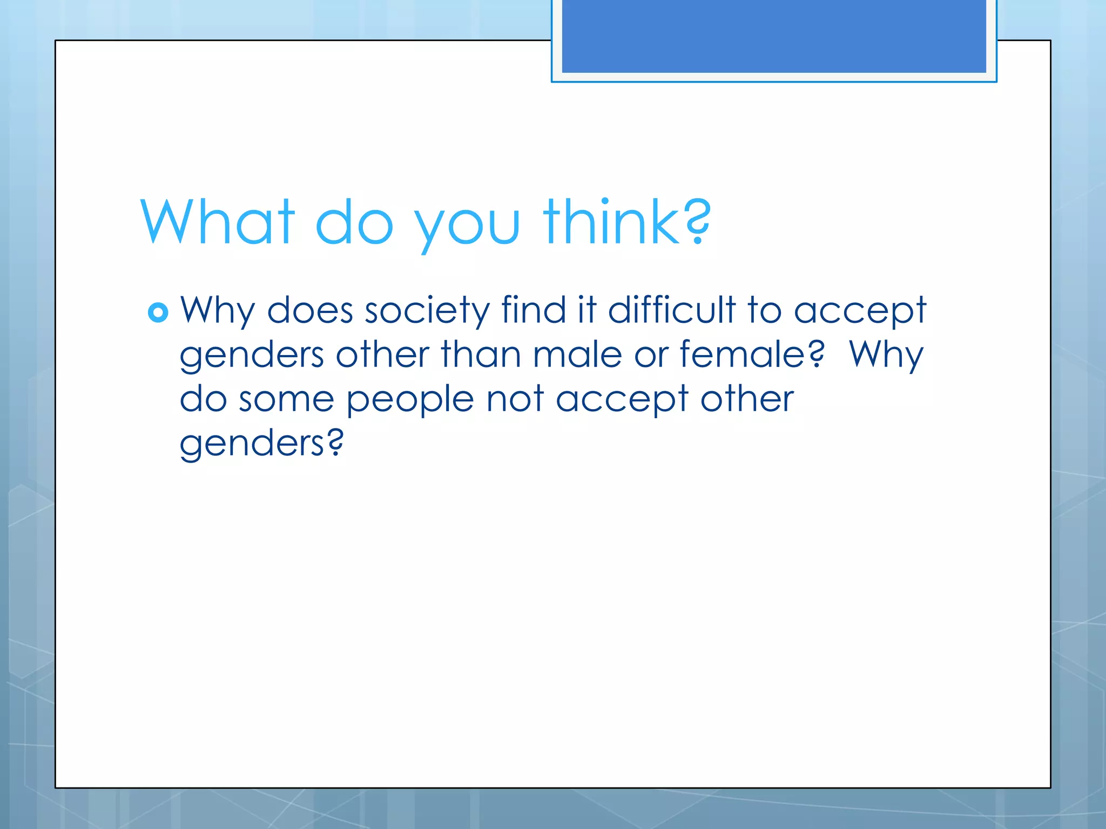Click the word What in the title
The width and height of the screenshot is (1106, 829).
click(x=218, y=222)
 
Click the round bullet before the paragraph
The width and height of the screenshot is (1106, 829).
click(x=158, y=312)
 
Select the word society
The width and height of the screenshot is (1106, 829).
click(x=427, y=311)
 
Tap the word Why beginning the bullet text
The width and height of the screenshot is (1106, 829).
click(x=217, y=311)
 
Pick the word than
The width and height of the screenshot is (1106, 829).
click(x=481, y=355)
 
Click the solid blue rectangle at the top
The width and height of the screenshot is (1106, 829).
click(x=773, y=36)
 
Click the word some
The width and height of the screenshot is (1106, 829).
click(x=286, y=399)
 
